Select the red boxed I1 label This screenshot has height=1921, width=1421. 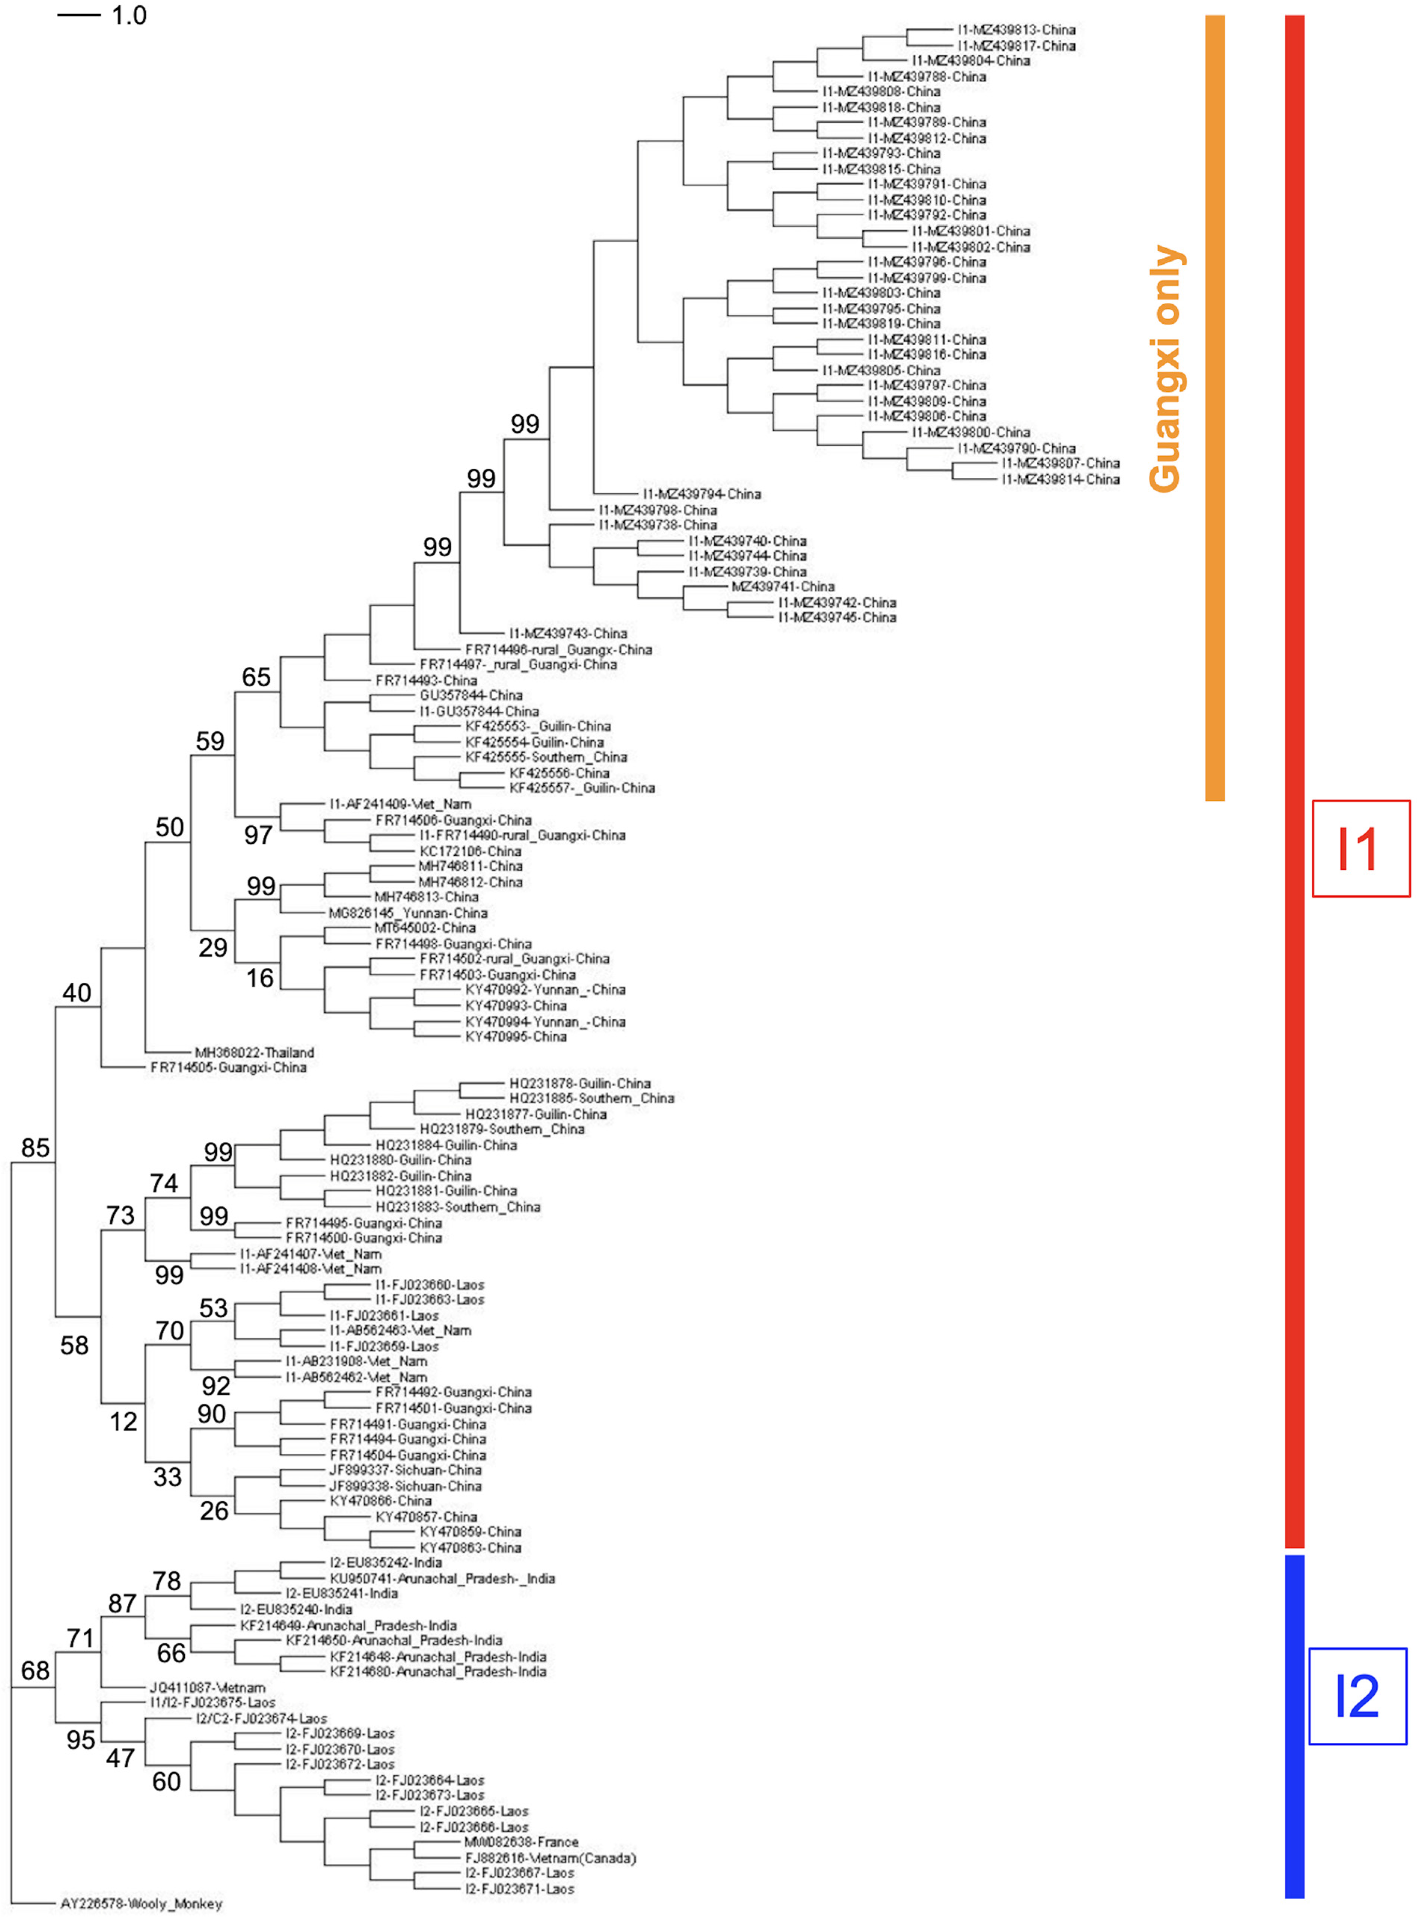coord(1360,849)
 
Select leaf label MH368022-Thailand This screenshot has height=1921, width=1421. coord(255,1053)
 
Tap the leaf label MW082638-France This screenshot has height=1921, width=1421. coord(521,1842)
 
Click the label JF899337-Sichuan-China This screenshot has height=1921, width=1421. coord(406,1471)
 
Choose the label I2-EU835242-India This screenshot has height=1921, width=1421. coord(386,1563)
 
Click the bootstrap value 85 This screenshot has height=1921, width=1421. coord(35,1148)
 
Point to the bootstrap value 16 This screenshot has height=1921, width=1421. coord(260,978)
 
